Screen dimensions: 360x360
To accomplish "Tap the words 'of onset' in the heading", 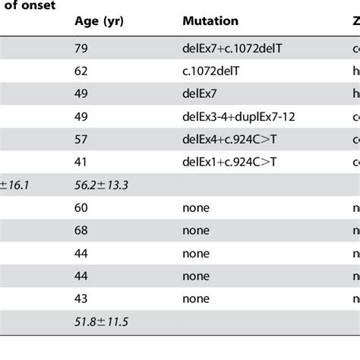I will coord(30,4).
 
